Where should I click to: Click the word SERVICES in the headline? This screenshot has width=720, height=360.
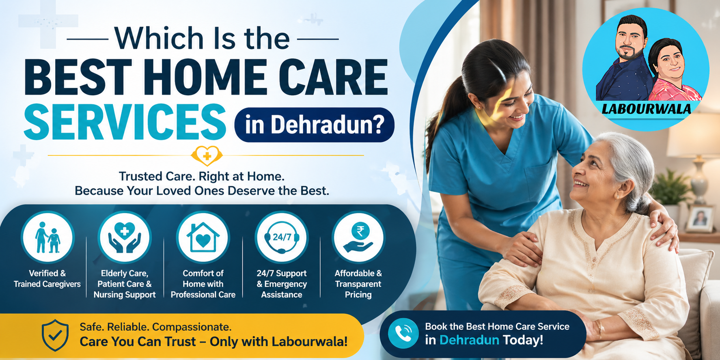(125, 122)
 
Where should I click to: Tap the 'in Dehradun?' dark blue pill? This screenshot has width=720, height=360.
(314, 125)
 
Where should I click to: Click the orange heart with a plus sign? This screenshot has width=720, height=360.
(207, 155)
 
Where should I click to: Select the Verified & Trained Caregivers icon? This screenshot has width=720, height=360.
(47, 237)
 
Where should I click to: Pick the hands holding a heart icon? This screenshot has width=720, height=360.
(125, 237)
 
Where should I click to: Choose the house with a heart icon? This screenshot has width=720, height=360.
(203, 237)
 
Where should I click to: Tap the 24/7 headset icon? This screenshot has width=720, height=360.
(282, 237)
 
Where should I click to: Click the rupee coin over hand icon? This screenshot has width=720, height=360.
(358, 237)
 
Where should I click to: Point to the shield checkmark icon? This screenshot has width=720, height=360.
(55, 335)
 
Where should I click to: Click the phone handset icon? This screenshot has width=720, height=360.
(403, 334)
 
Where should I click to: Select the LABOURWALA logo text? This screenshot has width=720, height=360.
(646, 109)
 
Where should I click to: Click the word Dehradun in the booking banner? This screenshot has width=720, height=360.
(469, 340)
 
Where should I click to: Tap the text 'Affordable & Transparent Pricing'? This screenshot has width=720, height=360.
(358, 284)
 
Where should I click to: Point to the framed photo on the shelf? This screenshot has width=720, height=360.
(701, 219)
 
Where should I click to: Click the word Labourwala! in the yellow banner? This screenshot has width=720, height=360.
(310, 342)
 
